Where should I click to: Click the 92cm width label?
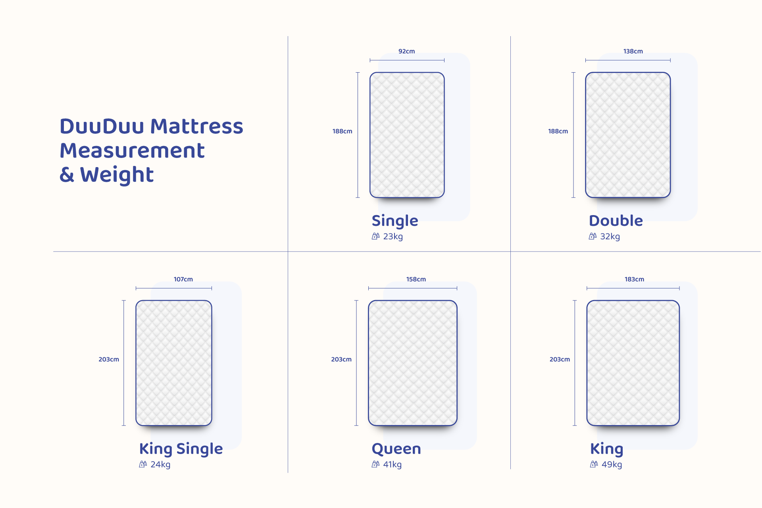[406, 51]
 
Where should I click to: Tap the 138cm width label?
[633, 51]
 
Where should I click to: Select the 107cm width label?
[183, 279]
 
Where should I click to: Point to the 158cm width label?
[416, 279]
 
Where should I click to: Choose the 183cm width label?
[634, 279]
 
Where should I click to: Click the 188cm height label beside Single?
[343, 131]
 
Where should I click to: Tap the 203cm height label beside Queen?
[341, 360]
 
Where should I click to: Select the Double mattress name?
[616, 221]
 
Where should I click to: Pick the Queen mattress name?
[396, 449]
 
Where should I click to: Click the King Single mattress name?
[181, 449]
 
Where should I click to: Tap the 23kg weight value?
[393, 237]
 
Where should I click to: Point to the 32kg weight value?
[610, 237]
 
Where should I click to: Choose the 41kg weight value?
[393, 464]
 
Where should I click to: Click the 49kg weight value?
[612, 464]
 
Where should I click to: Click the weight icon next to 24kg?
[143, 464]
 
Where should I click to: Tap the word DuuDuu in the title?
[102, 127]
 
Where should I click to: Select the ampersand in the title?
[67, 175]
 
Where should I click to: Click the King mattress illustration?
[633, 363]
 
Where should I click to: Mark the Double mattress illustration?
[628, 135]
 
